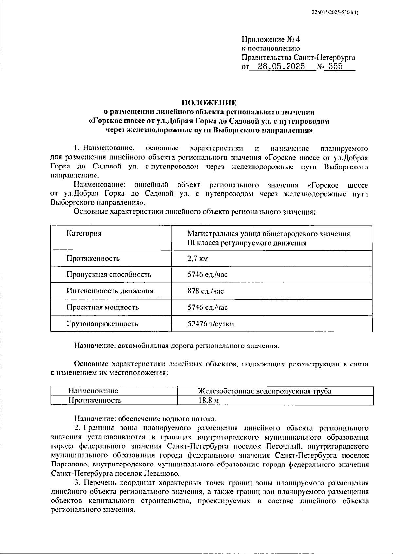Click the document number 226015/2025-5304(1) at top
(335, 13)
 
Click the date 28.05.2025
(281, 67)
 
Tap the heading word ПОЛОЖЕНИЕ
(209, 103)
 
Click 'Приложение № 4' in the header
(271, 40)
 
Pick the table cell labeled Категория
(84, 233)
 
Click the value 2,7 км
(197, 259)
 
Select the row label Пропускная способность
(109, 275)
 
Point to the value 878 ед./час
(206, 291)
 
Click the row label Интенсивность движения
(110, 291)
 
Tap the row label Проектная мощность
(103, 307)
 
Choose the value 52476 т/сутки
(210, 324)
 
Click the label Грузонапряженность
(102, 324)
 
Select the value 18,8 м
(209, 400)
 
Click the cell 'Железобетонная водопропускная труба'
(265, 391)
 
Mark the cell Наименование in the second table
(93, 391)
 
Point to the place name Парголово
(69, 465)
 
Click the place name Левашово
(162, 473)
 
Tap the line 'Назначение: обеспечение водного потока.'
(145, 419)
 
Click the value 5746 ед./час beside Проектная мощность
(207, 307)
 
